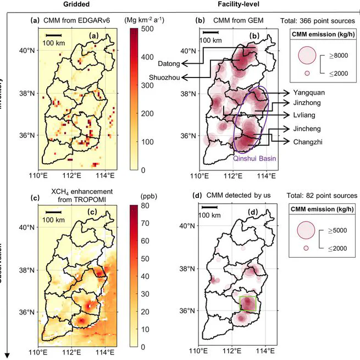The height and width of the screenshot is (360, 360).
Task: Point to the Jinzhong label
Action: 307,103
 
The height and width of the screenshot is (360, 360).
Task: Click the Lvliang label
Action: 304,115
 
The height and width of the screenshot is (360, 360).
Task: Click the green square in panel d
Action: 248,304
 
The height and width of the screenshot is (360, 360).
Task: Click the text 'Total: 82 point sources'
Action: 318,196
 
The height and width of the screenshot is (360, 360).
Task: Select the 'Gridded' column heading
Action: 76,4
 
